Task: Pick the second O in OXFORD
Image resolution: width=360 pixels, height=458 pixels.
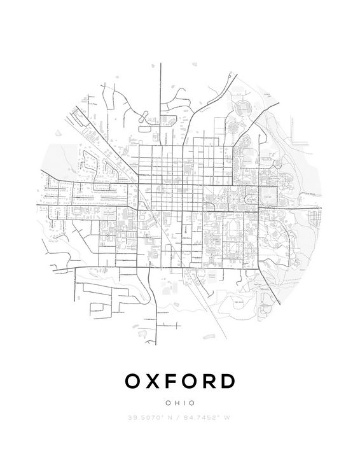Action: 193,381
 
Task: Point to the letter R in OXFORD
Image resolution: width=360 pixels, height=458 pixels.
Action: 214,381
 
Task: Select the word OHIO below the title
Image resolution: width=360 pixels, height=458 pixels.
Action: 180,403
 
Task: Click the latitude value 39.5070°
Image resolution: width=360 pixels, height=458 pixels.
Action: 146,417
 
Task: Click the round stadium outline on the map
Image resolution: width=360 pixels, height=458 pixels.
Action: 244,109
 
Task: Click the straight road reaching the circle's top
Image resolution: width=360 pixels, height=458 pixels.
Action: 161,83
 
